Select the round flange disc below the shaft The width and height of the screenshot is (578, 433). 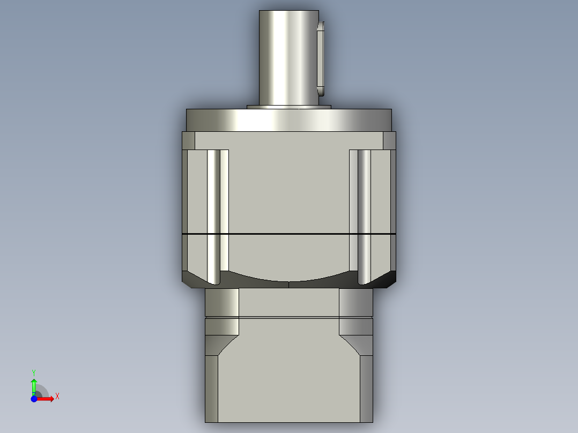click(x=289, y=120)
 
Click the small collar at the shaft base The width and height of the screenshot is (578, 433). click(x=289, y=107)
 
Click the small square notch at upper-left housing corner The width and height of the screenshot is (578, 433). click(x=188, y=141)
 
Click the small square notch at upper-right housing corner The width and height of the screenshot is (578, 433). click(x=390, y=141)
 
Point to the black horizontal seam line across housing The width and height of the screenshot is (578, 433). click(x=289, y=234)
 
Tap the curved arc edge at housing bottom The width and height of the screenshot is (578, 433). click(x=289, y=280)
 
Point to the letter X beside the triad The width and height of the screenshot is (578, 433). click(x=57, y=397)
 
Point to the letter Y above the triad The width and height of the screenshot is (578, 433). click(x=34, y=372)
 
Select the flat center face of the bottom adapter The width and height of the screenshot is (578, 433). click(x=289, y=375)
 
